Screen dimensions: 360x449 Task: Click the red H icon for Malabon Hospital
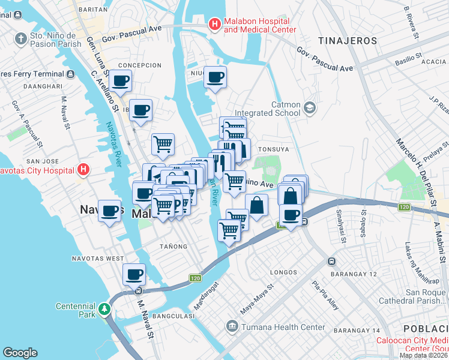[214, 24]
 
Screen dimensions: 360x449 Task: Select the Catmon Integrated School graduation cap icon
[310, 108]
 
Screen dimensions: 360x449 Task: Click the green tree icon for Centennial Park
[106, 308]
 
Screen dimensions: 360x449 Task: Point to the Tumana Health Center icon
[232, 327]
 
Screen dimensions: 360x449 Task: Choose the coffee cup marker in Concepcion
[121, 80]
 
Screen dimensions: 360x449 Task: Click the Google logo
[20, 353]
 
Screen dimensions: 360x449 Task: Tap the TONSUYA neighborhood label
[273, 149]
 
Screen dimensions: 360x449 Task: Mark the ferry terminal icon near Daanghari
[71, 74]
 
